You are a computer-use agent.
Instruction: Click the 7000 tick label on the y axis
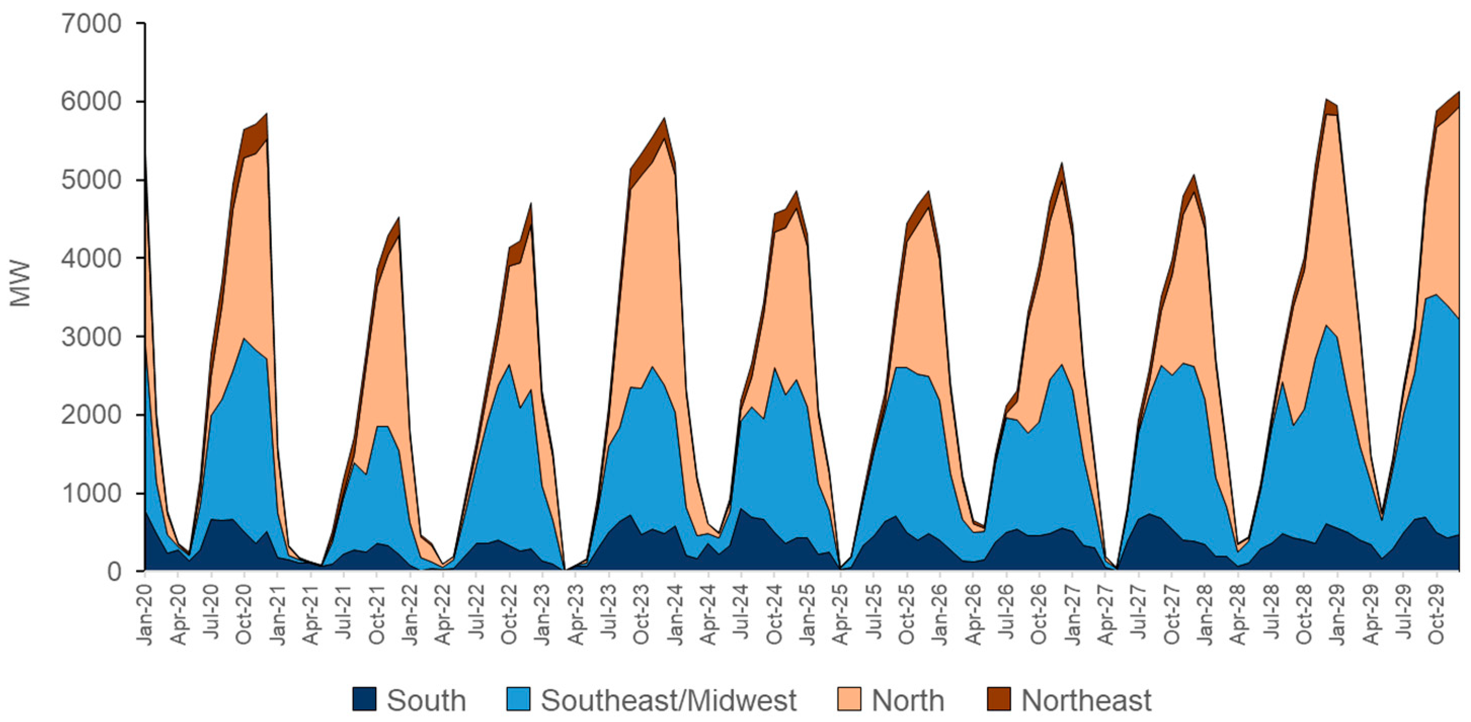pyautogui.click(x=91, y=24)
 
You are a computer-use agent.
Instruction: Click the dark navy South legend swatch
pyautogui.click(x=364, y=699)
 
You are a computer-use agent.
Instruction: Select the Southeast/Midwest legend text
pyautogui.click(x=668, y=700)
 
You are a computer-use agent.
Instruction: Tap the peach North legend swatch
pyautogui.click(x=849, y=699)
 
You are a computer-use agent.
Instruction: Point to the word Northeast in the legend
pyautogui.click(x=1086, y=700)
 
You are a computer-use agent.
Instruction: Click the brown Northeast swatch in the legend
pyautogui.click(x=998, y=699)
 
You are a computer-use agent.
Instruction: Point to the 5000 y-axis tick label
pyautogui.click(x=91, y=180)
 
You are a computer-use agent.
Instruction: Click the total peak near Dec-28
pyautogui.click(x=1327, y=99)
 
